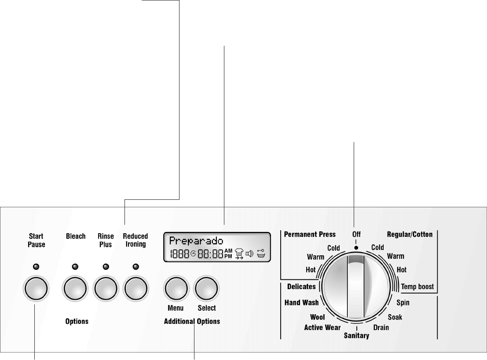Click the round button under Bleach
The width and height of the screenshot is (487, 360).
[76, 289]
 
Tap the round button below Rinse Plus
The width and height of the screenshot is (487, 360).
[106, 289]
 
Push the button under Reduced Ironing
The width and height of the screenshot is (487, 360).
[135, 289]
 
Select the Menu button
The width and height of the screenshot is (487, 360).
[176, 289]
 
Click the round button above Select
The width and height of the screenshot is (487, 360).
[207, 289]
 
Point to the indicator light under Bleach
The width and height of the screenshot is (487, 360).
[76, 266]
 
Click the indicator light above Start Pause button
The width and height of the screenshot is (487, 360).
[37, 266]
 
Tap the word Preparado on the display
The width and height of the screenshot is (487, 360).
[196, 241]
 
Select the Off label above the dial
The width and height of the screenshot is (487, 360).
[356, 235]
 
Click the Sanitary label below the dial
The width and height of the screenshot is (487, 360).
[356, 336]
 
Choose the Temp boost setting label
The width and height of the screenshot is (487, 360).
[417, 287]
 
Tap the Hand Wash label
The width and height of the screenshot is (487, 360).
[301, 302]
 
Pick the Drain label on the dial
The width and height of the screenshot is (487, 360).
[381, 327]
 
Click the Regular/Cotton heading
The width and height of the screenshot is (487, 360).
[410, 235]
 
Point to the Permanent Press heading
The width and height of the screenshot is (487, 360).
[310, 235]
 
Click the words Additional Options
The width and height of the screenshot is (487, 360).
[192, 321]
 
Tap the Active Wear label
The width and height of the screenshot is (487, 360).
[322, 327]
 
